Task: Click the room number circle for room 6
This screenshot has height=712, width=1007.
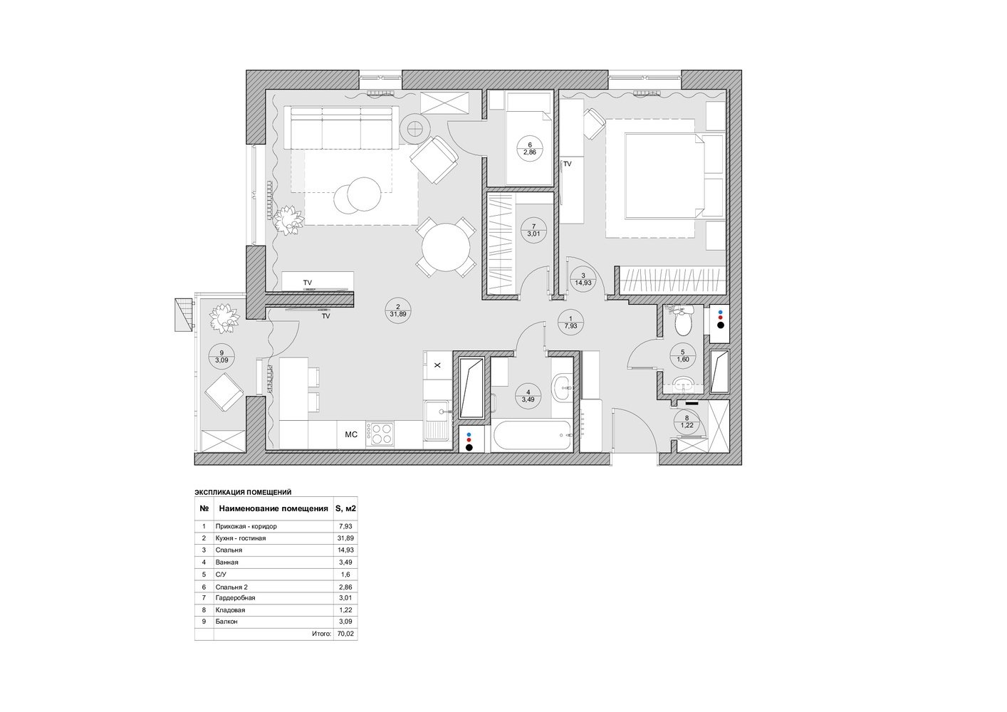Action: coord(530,148)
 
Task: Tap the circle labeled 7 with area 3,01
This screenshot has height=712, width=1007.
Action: coord(533,230)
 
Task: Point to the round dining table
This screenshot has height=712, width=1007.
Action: coord(446,247)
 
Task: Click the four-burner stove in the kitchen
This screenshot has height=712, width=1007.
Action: coord(380,434)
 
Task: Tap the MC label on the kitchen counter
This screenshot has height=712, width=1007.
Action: coord(351,434)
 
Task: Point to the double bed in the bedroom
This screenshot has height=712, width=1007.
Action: coord(664,176)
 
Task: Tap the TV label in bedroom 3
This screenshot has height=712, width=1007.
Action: coord(568,164)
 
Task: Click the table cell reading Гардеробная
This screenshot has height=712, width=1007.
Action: coord(235,598)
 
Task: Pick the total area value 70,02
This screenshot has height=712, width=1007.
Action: coord(345,634)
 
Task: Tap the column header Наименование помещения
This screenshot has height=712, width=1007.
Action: coord(273,509)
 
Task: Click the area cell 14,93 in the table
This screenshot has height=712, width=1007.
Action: coord(345,550)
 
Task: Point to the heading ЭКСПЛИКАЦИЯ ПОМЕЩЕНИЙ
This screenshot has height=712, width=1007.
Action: coord(243,493)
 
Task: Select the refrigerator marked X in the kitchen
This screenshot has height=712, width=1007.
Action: coord(437,365)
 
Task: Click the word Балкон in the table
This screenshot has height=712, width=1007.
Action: coord(226,622)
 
